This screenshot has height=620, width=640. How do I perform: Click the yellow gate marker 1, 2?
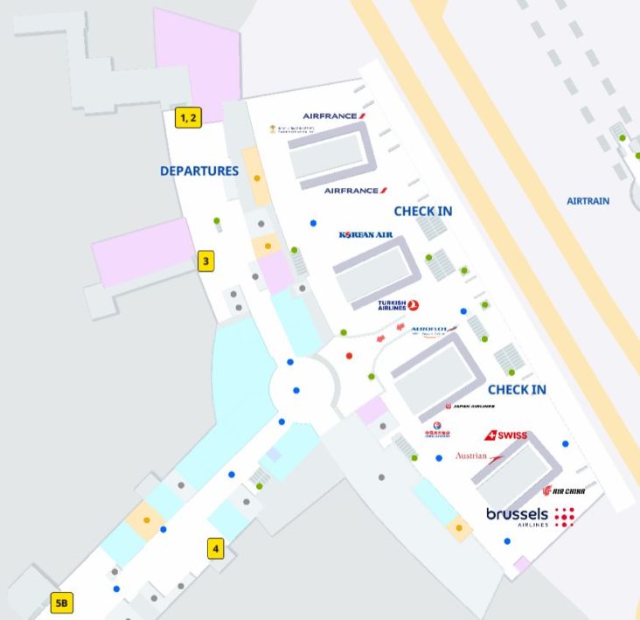coord(188,117)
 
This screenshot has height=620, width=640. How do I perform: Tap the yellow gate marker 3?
coord(205,261)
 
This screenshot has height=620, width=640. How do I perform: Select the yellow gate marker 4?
coord(216,549)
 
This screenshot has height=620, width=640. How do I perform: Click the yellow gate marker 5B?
coord(62,603)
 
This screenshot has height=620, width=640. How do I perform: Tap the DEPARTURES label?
coord(199,171)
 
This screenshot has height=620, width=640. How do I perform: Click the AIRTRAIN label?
coord(588,201)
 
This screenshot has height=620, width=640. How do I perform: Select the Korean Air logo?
coord(365,234)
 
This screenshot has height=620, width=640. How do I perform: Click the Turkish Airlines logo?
coord(399,305)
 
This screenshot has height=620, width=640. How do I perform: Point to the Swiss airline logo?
coord(505,435)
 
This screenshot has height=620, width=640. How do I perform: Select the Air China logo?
coord(563,491)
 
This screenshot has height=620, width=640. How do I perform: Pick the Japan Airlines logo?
coord(470,407)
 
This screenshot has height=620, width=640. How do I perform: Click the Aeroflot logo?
coord(434,330)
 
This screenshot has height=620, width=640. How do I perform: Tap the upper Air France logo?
coord(335,115)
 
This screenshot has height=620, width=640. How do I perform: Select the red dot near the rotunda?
coord(350,356)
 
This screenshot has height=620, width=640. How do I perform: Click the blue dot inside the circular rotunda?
coord(297,390)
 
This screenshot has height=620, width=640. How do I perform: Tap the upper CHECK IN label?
coord(423,212)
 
